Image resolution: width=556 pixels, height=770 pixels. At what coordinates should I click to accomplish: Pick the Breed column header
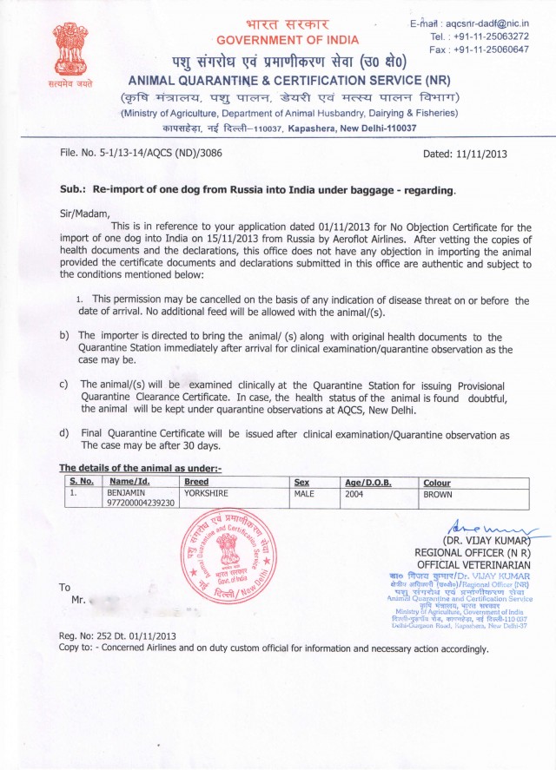click(197, 483)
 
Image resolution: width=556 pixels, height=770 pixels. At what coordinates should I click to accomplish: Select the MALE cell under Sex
click(307, 492)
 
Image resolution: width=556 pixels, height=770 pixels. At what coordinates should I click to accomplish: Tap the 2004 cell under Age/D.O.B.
click(354, 492)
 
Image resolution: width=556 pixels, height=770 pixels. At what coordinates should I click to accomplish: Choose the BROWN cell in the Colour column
click(440, 492)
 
